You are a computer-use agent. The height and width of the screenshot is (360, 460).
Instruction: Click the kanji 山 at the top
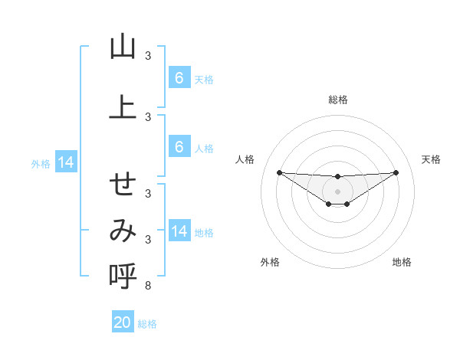[x=123, y=47]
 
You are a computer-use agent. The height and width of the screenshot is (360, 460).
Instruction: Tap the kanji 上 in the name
[x=123, y=107]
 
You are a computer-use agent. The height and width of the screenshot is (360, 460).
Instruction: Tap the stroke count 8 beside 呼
[x=147, y=286]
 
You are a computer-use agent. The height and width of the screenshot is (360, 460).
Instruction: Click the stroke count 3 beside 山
[x=147, y=55]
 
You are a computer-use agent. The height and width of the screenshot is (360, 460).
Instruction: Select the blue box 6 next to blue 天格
[x=179, y=78]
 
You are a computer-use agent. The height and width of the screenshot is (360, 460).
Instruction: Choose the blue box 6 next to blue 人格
[x=179, y=148]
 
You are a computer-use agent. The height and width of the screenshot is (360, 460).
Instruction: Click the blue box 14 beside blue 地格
[x=179, y=232]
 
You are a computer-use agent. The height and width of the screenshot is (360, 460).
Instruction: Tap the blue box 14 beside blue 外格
[x=65, y=162]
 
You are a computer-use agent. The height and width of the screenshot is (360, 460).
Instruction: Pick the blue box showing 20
[x=123, y=322]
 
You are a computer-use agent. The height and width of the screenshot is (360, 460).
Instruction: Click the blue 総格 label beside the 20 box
[x=148, y=324]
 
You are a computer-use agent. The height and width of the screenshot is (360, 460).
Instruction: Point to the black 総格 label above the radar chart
[x=337, y=100]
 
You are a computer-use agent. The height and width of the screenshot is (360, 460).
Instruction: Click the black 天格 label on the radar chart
[x=431, y=159]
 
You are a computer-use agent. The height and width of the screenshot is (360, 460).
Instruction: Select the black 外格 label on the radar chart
[x=270, y=262]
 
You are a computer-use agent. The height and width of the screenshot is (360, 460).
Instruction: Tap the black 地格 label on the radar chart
[x=402, y=262]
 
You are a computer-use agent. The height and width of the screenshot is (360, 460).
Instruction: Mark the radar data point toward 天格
[x=396, y=172]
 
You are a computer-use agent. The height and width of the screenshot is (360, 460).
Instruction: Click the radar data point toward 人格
[x=279, y=172]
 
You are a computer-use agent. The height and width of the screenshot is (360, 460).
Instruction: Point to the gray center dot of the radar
[x=337, y=191]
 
